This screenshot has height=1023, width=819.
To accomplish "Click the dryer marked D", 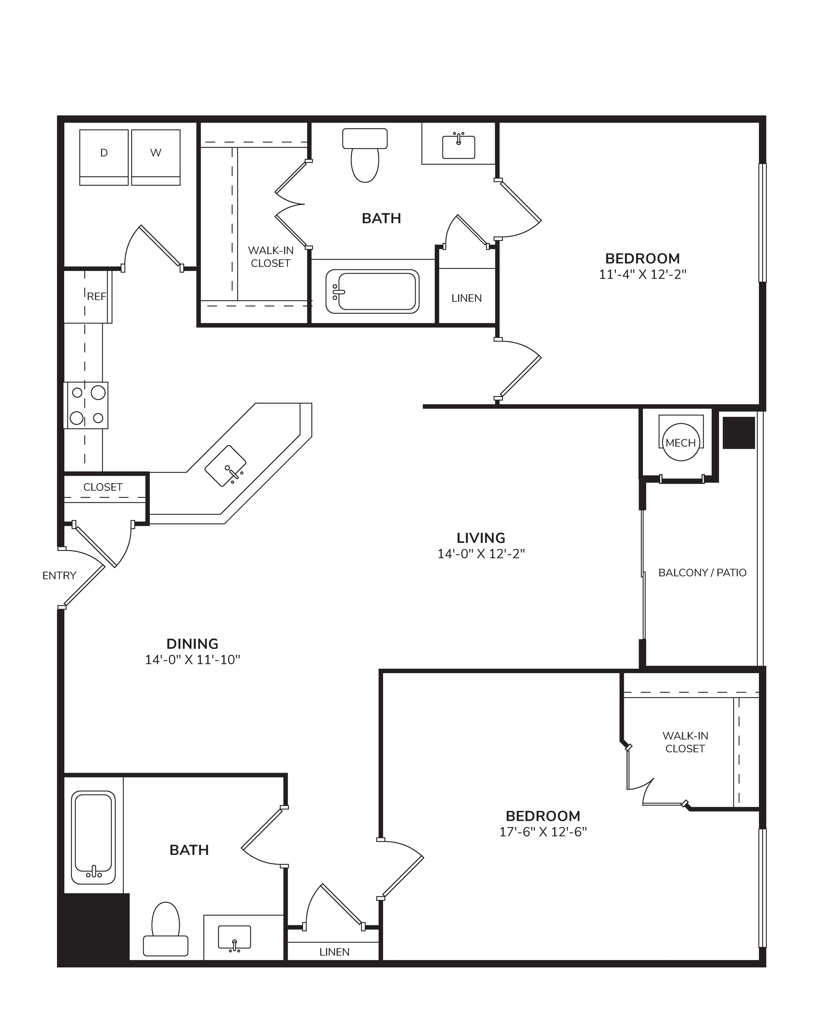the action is pos(104,157).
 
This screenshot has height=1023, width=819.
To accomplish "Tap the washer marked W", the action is pos(156,157).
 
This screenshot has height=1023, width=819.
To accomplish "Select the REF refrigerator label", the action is pos(96,297).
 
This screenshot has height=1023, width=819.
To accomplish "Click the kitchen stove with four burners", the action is pos(86,405).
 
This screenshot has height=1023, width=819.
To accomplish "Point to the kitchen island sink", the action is pos(226,465).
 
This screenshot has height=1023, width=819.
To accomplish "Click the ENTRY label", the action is pos(59,576).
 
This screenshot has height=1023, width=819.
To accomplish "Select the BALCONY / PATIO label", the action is pos(702,573).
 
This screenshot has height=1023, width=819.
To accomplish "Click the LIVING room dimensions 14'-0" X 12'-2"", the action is pos(481,554).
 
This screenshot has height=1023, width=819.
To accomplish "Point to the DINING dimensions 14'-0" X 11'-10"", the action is pos(193,659).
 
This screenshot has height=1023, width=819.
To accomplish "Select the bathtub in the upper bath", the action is pos(373,291).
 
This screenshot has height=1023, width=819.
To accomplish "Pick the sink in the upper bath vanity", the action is pos(459,147).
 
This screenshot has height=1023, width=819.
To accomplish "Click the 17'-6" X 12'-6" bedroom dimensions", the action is pos(543,832).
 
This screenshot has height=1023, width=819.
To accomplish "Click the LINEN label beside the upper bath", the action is pos(467,298).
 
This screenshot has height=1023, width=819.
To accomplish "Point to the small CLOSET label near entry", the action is pos(103,487).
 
